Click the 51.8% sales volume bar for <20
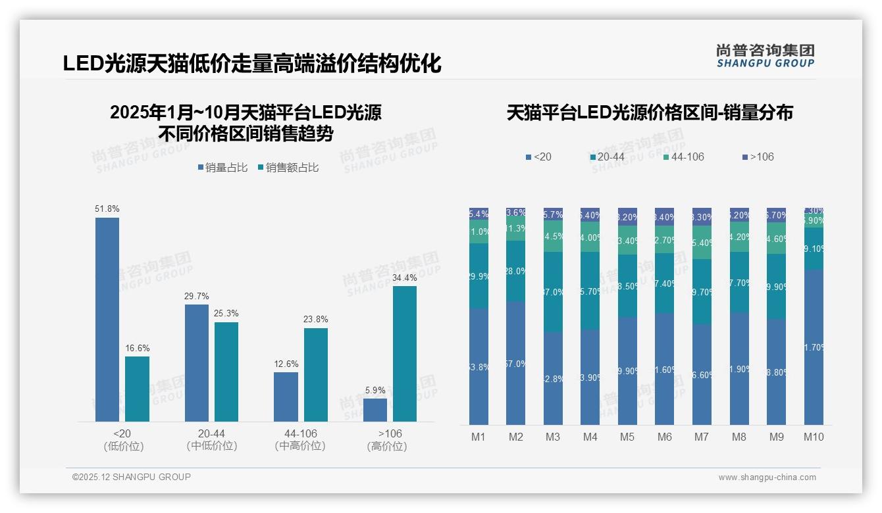[x=107, y=320]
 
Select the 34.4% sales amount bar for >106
[x=405, y=354]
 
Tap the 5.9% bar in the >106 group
[x=375, y=410]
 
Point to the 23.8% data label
[x=316, y=320]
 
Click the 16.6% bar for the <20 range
[x=137, y=389]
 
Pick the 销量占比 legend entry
[x=222, y=168]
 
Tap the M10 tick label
[x=814, y=437]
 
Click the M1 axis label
[x=479, y=437]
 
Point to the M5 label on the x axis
[x=627, y=437]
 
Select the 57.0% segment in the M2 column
[x=516, y=363]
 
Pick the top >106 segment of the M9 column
[x=776, y=215]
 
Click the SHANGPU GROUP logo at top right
[x=765, y=56]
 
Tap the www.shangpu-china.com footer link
[x=767, y=477]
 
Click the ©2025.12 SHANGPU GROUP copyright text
[x=132, y=477]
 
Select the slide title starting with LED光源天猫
[x=252, y=64]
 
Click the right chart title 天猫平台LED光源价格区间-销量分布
[x=650, y=112]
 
